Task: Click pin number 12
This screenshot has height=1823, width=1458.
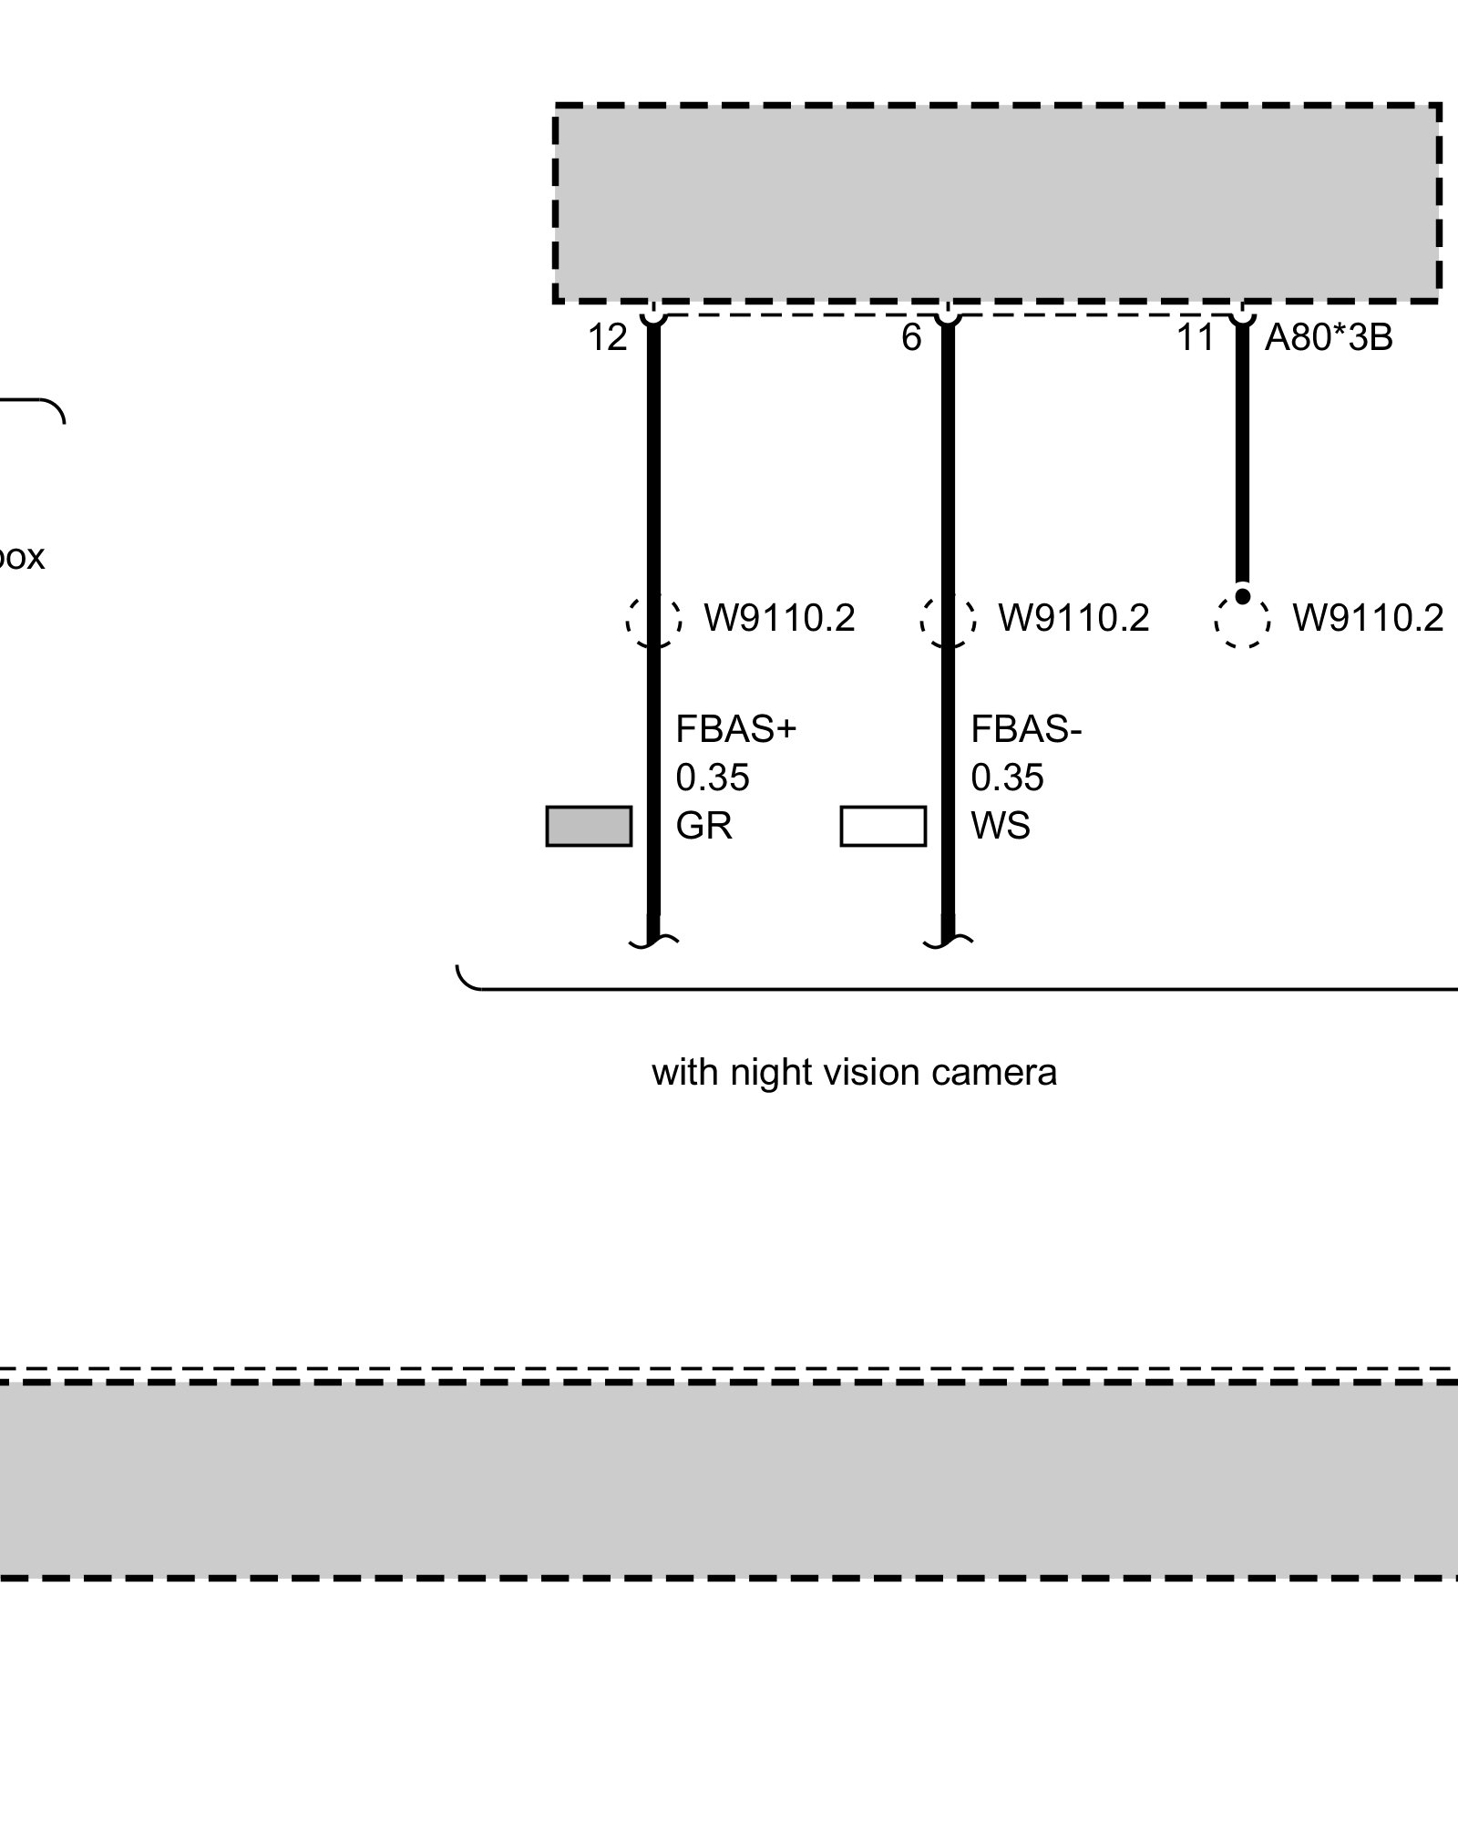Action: coord(607,338)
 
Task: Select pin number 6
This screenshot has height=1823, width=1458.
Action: coord(911,338)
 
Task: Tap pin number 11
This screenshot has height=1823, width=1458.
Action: coord(1196,338)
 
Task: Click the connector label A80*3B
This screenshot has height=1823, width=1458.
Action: coord(1329,338)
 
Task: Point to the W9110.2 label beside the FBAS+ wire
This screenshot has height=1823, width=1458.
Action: coord(779,618)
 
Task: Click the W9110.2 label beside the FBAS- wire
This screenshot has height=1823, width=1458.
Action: coord(1073,618)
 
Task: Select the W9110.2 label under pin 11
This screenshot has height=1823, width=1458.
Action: coord(1368,618)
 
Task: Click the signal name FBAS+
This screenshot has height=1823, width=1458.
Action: coord(735,729)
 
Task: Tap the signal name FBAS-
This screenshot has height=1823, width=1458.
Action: coord(1026,729)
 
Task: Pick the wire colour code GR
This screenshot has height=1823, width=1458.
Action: coord(703,826)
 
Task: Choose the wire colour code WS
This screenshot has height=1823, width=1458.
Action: coord(1001,826)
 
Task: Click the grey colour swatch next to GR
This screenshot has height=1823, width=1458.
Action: coord(589,826)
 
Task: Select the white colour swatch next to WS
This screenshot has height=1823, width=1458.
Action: coord(883,826)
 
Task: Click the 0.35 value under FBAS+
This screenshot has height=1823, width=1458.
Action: coord(713,778)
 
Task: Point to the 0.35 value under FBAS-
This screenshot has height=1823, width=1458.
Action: coord(1007,778)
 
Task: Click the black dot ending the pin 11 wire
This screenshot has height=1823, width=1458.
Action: coord(1242,596)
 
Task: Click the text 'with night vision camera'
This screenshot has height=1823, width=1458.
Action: coord(854,1072)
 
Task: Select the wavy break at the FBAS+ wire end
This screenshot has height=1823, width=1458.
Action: coord(653,942)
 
